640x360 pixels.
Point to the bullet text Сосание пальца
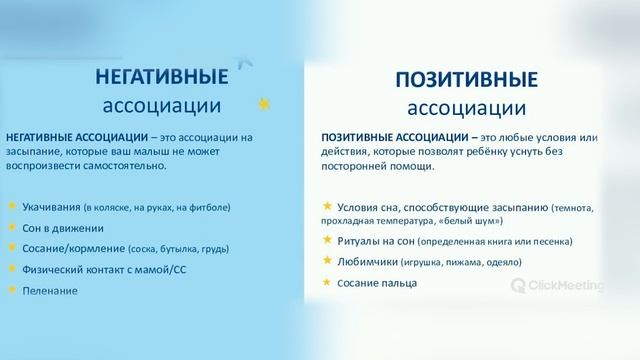coord(378,284)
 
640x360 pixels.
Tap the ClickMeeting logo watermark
coord(556,285)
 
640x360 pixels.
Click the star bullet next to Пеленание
coord(12,289)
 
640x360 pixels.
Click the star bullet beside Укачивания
coord(12,206)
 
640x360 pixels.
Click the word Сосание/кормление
coord(74,248)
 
